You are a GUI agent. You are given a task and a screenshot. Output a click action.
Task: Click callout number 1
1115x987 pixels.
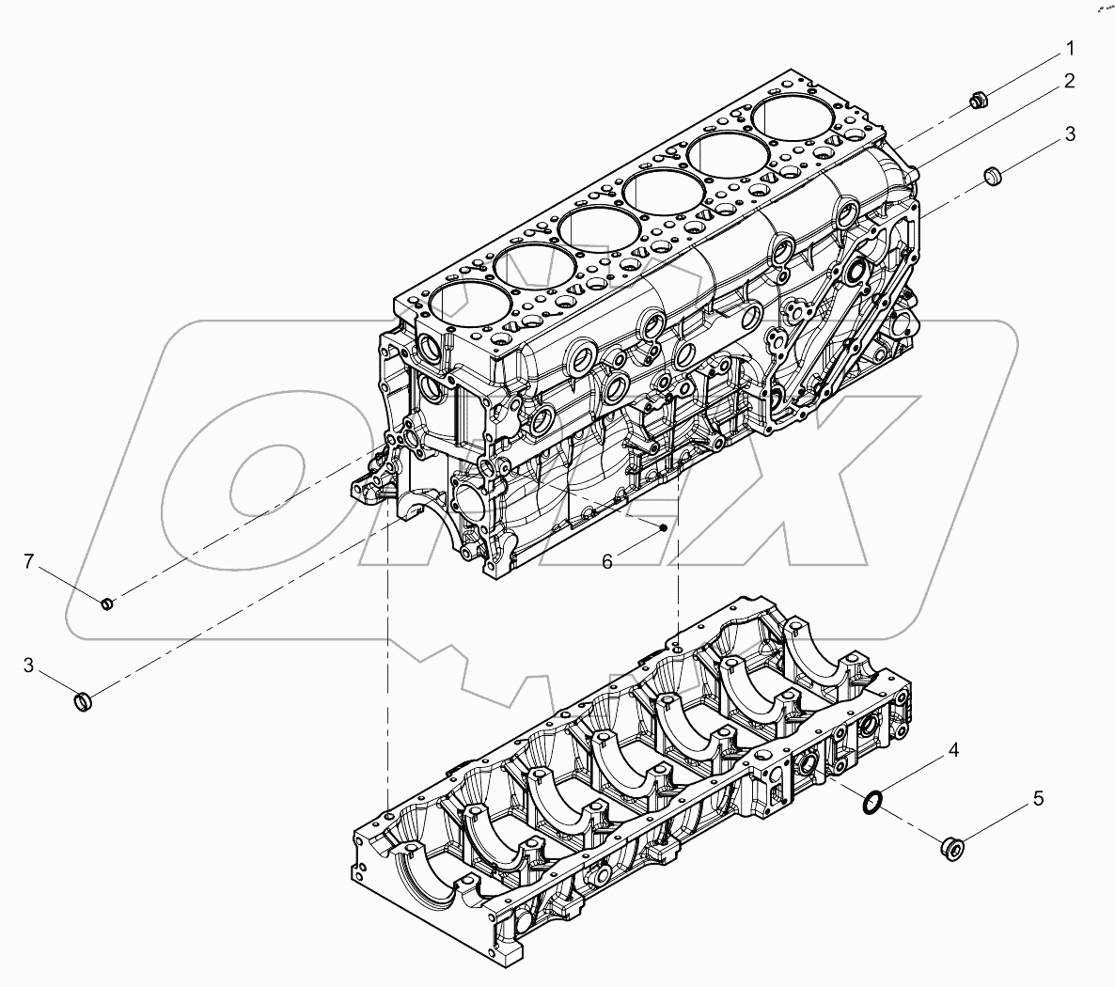pos(1069,47)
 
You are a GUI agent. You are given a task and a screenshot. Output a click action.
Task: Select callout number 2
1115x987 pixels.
pos(1069,82)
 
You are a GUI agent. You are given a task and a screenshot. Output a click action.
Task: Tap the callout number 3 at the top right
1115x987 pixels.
pos(1069,135)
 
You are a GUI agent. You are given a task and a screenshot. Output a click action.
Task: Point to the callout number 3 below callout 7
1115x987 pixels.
pos(29,666)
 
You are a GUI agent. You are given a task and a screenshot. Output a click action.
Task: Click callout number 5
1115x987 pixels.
pos(1038,799)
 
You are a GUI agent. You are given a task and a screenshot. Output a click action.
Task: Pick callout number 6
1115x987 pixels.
pos(607,561)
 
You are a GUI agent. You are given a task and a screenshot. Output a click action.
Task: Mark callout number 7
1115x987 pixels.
pos(29,562)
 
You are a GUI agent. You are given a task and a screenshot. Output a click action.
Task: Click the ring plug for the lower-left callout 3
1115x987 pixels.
pos(84,700)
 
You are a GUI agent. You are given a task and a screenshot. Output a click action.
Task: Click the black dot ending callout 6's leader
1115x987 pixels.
pos(664,527)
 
